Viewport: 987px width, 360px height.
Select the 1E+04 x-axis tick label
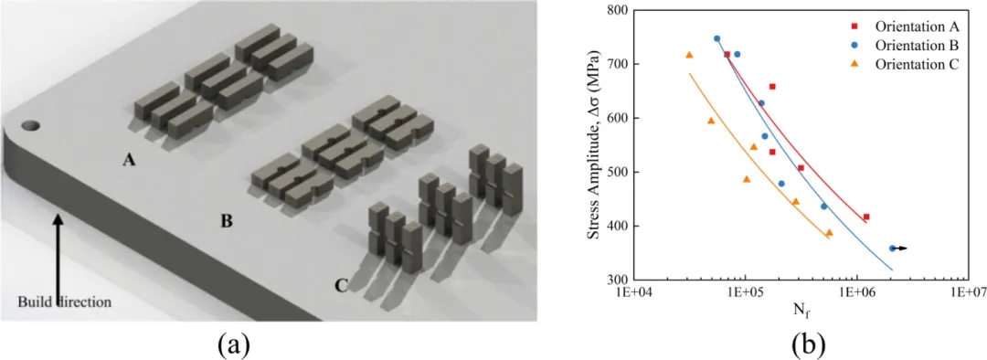[x=634, y=293]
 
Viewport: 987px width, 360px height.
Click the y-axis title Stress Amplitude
[x=594, y=145]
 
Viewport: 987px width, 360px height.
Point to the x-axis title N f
[x=800, y=311]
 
